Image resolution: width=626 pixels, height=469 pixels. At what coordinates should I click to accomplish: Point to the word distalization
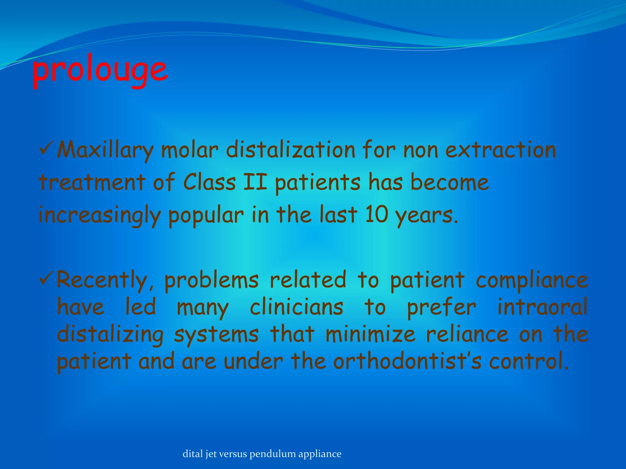pos(290,150)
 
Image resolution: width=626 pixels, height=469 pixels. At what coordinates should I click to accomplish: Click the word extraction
pos(501,150)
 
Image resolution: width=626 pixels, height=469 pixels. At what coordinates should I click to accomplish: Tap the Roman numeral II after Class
pos(255,183)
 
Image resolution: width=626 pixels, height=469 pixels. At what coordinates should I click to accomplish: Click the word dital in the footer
pos(193,454)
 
